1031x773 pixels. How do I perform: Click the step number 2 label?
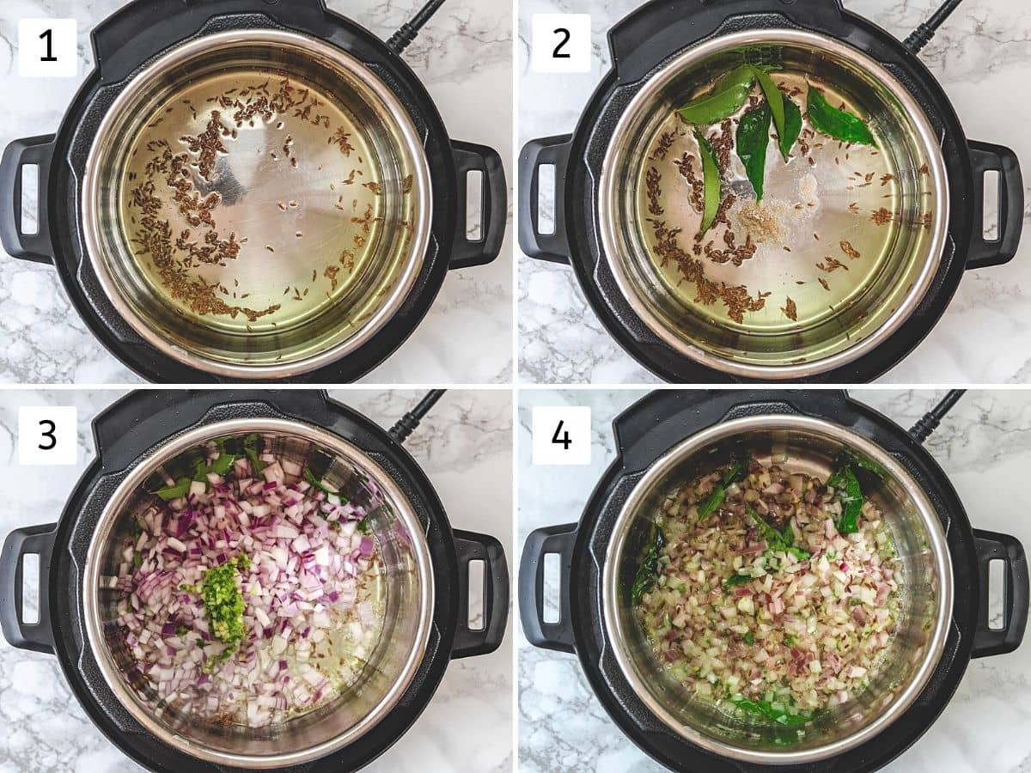coord(561,43)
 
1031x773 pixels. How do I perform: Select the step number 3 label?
coord(47,435)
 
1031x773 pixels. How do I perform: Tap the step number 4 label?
coord(561,435)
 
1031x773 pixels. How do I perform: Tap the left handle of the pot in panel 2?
coord(540,198)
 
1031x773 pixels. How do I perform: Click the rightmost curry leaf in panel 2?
coord(841,118)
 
